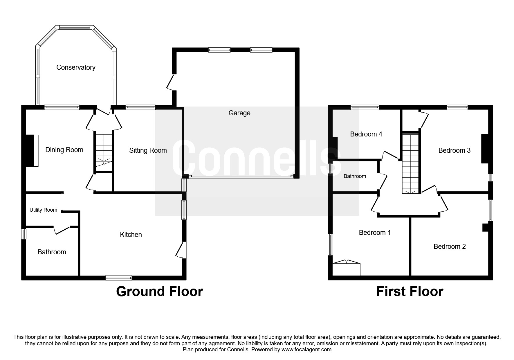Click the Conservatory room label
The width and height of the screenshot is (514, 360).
[76, 67]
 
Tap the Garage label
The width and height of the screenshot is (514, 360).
[239, 113]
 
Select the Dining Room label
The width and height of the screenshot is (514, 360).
[64, 150]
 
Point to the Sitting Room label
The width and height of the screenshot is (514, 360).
[148, 150]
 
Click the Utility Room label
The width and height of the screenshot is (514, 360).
[43, 210]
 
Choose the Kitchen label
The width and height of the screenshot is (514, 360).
[131, 235]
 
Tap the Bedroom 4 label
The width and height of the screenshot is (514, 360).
[366, 134]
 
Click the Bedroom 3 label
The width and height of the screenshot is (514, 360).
[454, 150]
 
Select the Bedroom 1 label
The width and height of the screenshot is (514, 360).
[375, 233]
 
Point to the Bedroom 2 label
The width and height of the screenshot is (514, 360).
[450, 246]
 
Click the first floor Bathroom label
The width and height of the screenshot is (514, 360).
[355, 176]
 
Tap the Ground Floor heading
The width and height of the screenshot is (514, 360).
[159, 291]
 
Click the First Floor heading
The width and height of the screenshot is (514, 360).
[410, 291]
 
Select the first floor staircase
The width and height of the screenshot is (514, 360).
[411, 163]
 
